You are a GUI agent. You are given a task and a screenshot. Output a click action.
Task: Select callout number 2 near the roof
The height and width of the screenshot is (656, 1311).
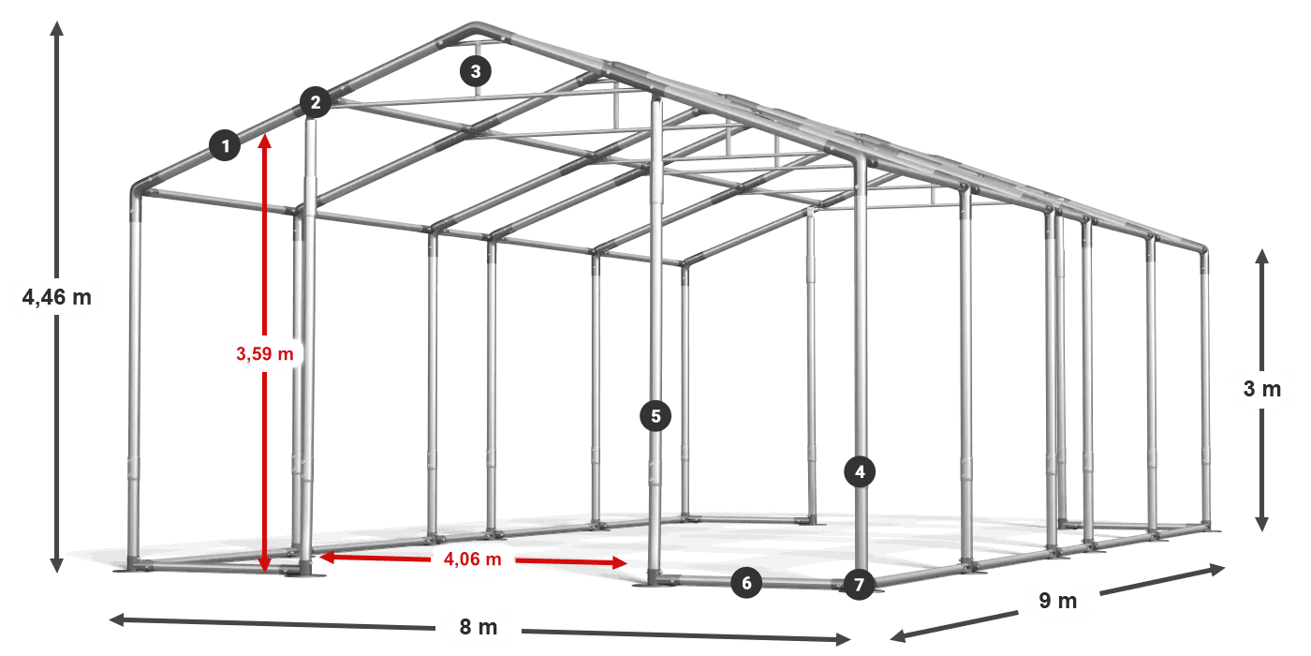pyautogui.click(x=316, y=102)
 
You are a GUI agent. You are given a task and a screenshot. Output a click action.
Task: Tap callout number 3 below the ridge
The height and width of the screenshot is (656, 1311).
pyautogui.click(x=476, y=71)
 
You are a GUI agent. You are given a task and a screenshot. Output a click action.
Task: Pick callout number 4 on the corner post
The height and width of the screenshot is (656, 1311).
pyautogui.click(x=860, y=471)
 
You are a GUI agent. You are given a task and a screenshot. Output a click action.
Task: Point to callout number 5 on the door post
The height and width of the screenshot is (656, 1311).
pyautogui.click(x=655, y=416)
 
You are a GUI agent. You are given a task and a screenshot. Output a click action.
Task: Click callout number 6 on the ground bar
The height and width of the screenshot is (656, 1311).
pyautogui.click(x=746, y=583)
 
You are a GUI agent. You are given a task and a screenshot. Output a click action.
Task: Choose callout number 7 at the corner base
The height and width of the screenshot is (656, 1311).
pyautogui.click(x=860, y=584)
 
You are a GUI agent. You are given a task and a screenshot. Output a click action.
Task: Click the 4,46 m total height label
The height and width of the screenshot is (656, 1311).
pyautogui.click(x=57, y=298)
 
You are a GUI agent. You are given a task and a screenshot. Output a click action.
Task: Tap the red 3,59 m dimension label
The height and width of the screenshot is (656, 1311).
pyautogui.click(x=264, y=354)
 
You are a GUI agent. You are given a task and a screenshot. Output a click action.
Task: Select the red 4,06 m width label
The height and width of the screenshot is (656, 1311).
pyautogui.click(x=472, y=559)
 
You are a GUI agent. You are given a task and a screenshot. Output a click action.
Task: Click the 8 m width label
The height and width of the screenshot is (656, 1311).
pyautogui.click(x=479, y=627)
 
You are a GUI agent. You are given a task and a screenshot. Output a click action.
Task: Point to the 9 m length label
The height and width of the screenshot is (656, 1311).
pyautogui.click(x=1058, y=601)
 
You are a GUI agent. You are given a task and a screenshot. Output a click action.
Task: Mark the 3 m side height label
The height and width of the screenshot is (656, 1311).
pyautogui.click(x=1262, y=388)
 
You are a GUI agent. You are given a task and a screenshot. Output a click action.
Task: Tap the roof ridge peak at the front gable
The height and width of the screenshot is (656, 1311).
pyautogui.click(x=476, y=25)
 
